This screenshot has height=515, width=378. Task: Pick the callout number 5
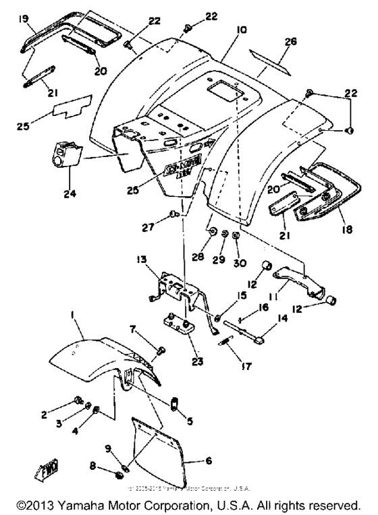point(190,422)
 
